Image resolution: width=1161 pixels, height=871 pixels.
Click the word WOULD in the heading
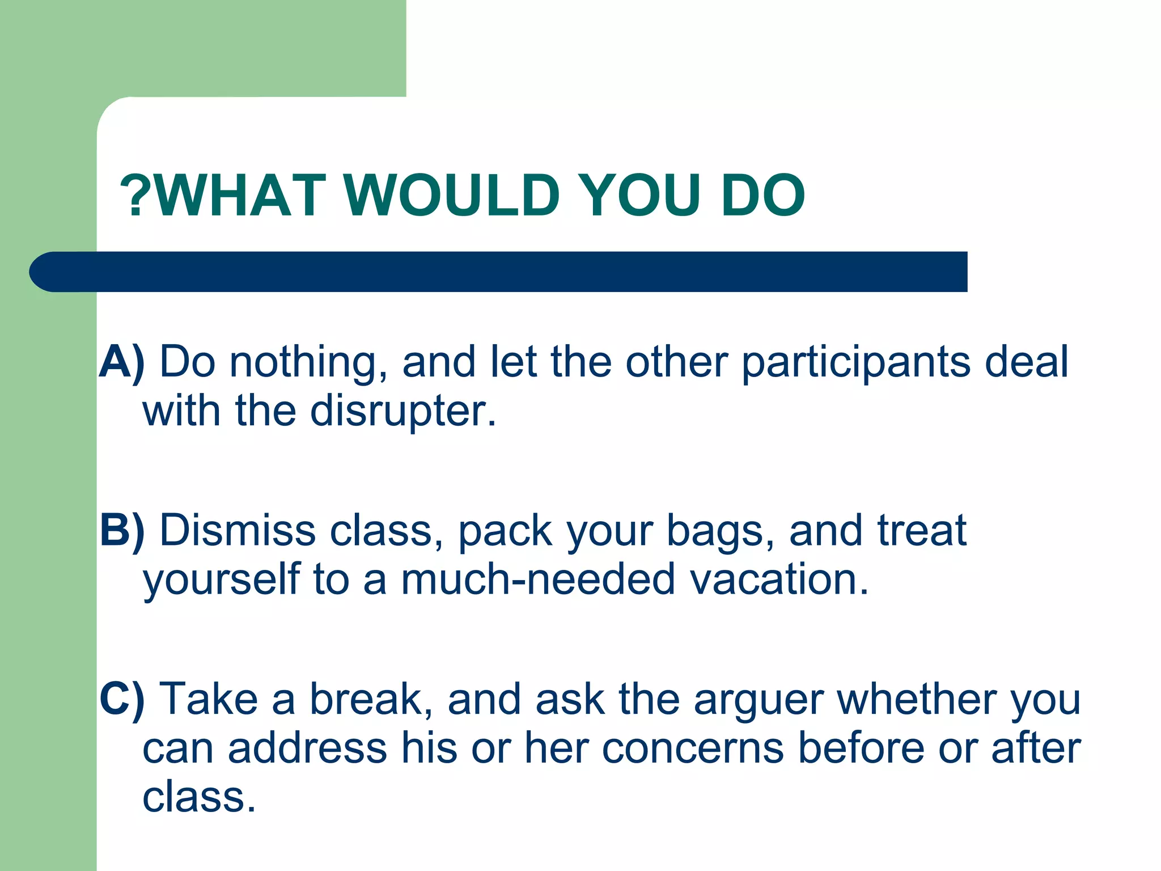[x=452, y=195]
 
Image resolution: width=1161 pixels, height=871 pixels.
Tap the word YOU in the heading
[x=640, y=195]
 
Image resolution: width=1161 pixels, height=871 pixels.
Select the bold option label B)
[x=121, y=531]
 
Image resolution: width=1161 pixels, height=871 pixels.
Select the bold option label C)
[x=121, y=699]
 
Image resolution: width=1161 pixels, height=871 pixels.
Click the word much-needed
[x=537, y=580]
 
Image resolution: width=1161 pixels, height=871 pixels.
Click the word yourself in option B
[x=221, y=580]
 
